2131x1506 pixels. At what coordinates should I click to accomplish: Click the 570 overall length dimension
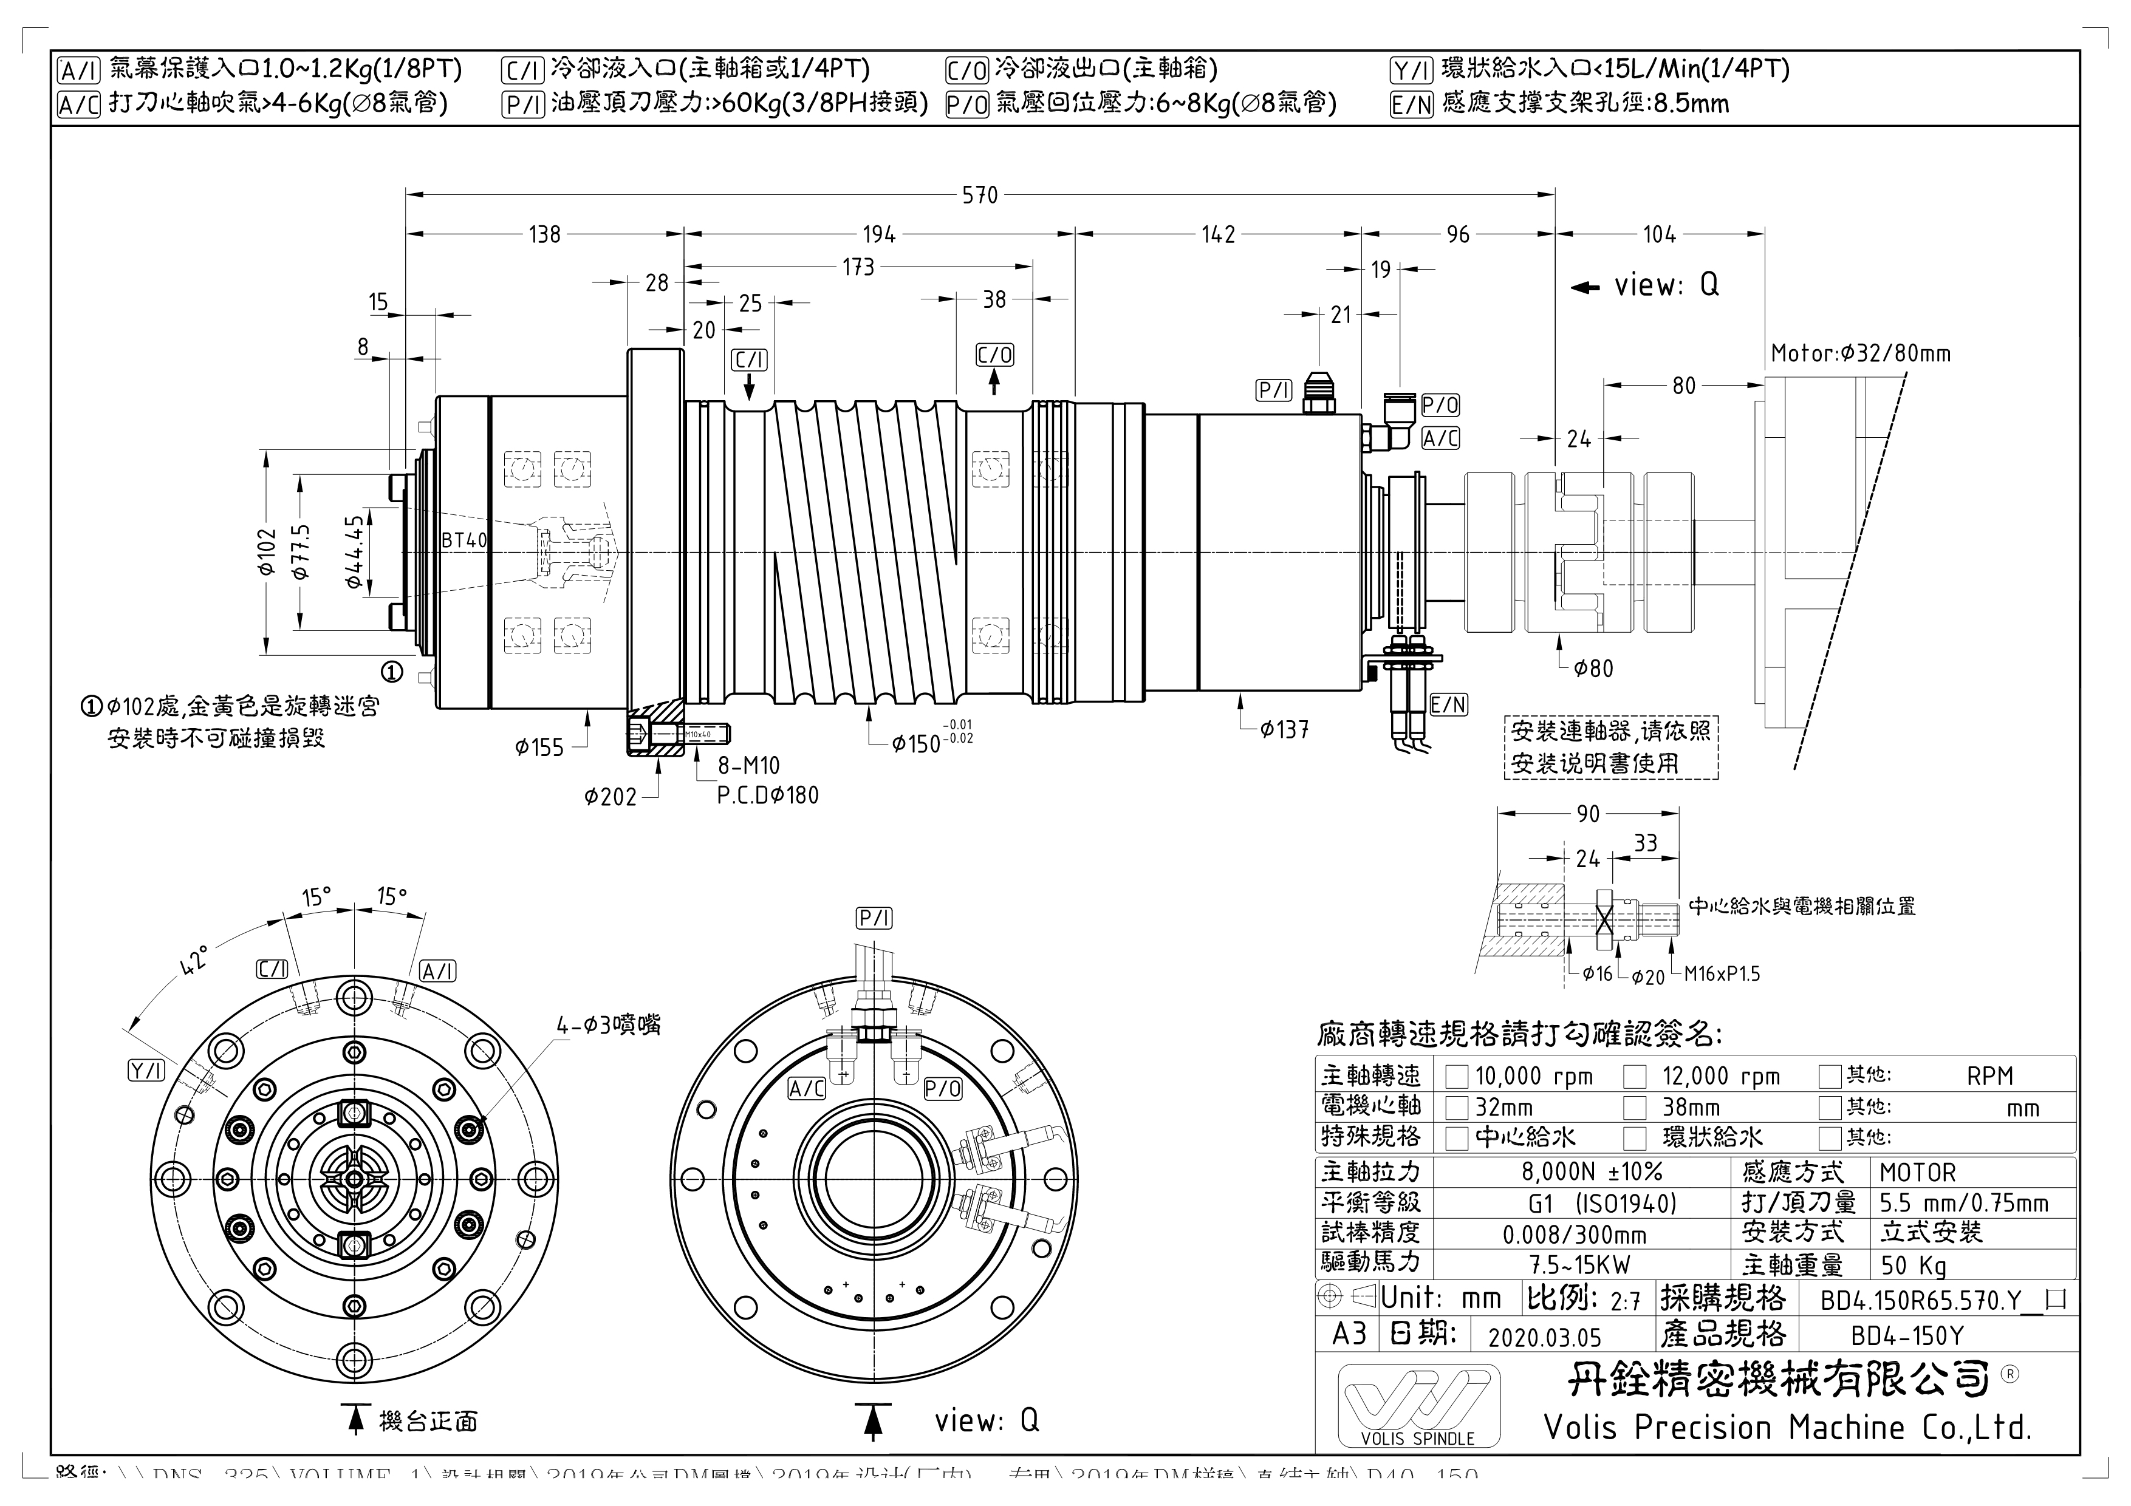(x=980, y=195)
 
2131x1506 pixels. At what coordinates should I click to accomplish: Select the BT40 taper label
(x=464, y=540)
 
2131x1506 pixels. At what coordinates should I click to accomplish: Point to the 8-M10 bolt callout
(x=748, y=766)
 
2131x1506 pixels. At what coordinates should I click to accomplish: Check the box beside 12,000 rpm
(x=1635, y=1077)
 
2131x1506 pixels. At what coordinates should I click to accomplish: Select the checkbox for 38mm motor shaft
(x=1635, y=1107)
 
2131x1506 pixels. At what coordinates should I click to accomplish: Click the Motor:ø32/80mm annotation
(x=1860, y=353)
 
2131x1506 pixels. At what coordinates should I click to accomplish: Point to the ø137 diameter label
(x=1285, y=731)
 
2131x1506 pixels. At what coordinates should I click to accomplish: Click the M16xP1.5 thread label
(x=1722, y=974)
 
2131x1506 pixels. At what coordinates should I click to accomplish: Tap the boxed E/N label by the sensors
(x=1448, y=704)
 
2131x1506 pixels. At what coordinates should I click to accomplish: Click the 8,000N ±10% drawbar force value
(x=1591, y=1172)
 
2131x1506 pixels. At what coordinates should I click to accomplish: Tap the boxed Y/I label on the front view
(x=146, y=1071)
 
